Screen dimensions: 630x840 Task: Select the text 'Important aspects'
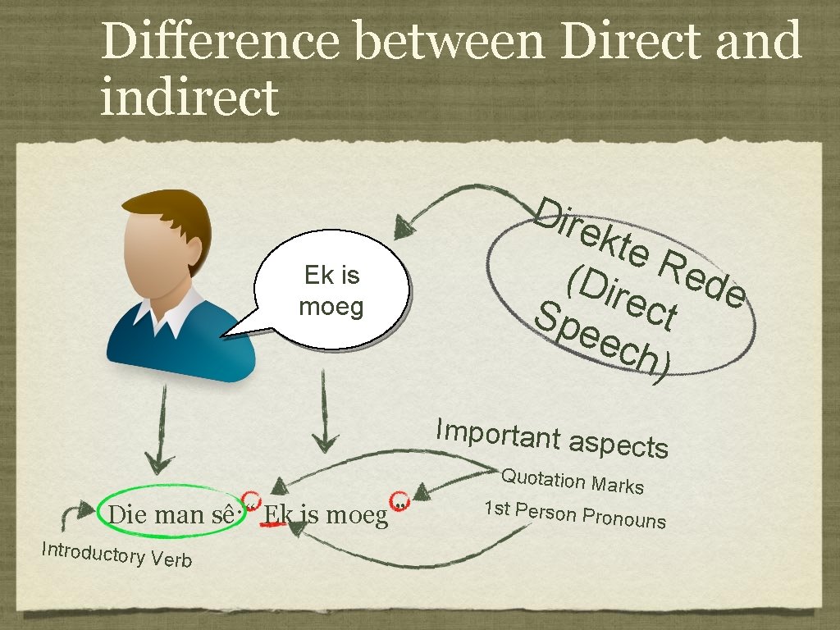point(552,438)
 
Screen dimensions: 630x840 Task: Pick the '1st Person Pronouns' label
point(574,514)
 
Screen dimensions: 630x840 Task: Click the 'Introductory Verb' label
point(116,554)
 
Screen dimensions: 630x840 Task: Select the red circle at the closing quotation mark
point(399,500)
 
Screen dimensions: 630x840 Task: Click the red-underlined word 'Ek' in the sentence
point(275,515)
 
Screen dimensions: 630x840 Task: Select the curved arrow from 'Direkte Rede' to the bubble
point(459,198)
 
